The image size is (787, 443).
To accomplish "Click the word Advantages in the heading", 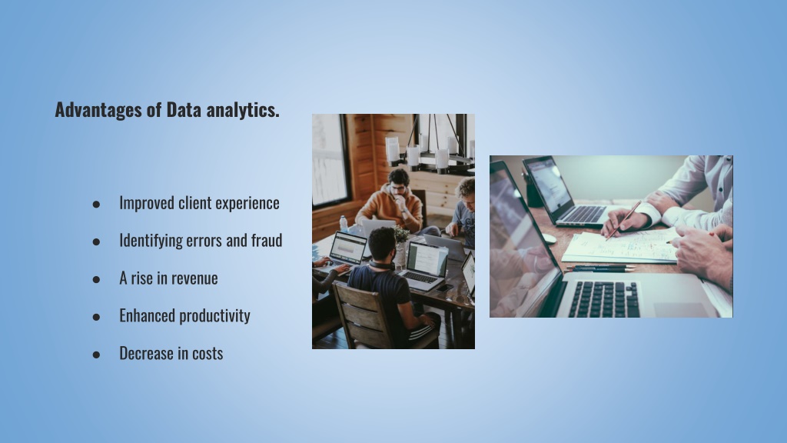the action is (99, 110).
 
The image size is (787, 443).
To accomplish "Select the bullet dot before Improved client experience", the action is (96, 204).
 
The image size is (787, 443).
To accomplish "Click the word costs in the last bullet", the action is (208, 354).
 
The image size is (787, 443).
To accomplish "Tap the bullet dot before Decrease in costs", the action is (96, 355).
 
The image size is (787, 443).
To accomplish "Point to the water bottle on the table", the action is (344, 224).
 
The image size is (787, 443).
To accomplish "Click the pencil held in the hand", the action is (623, 221).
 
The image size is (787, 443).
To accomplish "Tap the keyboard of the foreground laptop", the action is (604, 298).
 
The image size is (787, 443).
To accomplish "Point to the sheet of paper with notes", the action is (621, 245).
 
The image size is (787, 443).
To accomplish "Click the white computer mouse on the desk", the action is (549, 238).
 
